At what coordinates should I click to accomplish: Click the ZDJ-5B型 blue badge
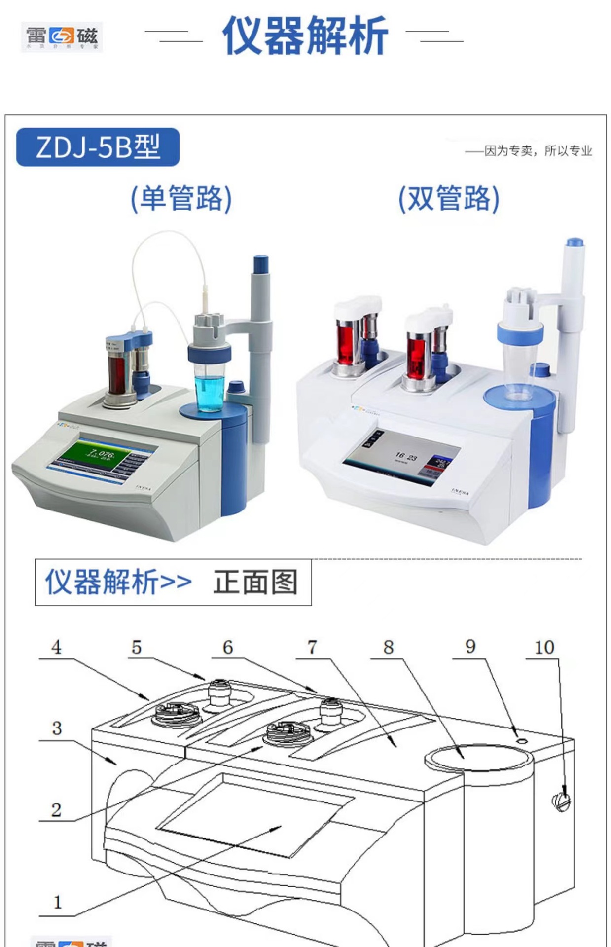tap(98, 147)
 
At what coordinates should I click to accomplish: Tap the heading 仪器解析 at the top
tap(305, 36)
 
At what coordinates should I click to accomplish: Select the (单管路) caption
tap(181, 199)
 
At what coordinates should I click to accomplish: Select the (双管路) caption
tap(449, 199)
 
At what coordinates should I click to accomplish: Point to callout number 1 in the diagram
tap(57, 902)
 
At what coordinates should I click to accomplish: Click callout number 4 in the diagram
tap(56, 647)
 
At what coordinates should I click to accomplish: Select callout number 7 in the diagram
tap(312, 647)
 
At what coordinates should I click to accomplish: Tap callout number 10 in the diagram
tap(544, 647)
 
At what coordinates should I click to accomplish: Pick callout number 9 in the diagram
tap(470, 647)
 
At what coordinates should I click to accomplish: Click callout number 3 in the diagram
tap(57, 728)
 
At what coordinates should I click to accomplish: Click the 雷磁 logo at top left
tap(62, 37)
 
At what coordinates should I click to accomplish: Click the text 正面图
tap(255, 582)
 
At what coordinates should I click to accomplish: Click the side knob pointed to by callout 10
tap(562, 801)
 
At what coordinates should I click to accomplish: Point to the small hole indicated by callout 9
tap(521, 741)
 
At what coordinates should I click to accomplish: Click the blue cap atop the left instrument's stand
tap(260, 263)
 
